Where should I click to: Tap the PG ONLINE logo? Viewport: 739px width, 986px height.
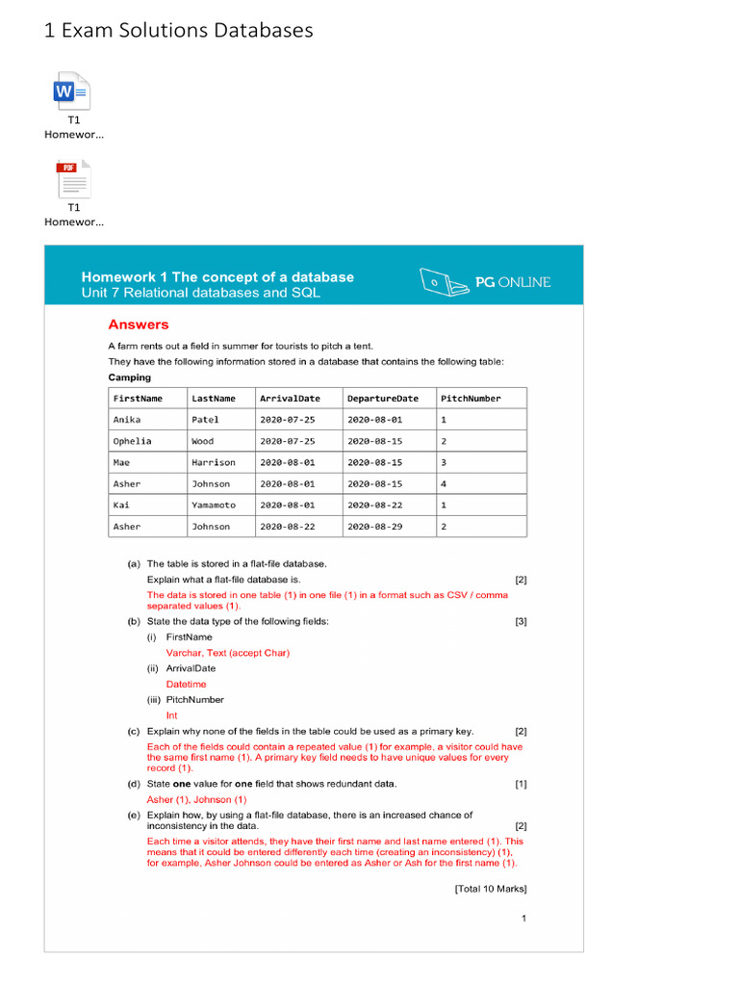pos(486,282)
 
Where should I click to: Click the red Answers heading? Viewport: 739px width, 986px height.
pos(138,324)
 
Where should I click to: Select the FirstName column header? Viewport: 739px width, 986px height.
pos(138,398)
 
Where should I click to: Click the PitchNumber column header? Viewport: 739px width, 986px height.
pos(470,398)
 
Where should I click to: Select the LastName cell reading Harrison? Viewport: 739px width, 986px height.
pos(214,462)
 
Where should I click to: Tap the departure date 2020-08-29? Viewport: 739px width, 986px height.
pos(374,527)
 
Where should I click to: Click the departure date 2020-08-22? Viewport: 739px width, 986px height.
pos(374,506)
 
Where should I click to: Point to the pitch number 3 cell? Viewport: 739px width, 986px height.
pos(444,462)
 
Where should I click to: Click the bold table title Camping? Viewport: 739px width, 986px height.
pos(129,377)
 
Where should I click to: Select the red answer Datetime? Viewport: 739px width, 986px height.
pos(186,684)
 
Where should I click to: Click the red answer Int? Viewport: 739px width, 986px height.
pos(171,715)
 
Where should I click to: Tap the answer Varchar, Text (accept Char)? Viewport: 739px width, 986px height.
pos(227,653)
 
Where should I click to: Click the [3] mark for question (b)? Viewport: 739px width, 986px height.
pos(521,621)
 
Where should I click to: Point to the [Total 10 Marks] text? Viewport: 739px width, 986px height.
pos(490,889)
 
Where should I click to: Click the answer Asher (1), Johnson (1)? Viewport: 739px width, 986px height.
pos(196,799)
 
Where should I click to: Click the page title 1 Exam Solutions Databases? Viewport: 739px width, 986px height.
pos(179,31)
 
